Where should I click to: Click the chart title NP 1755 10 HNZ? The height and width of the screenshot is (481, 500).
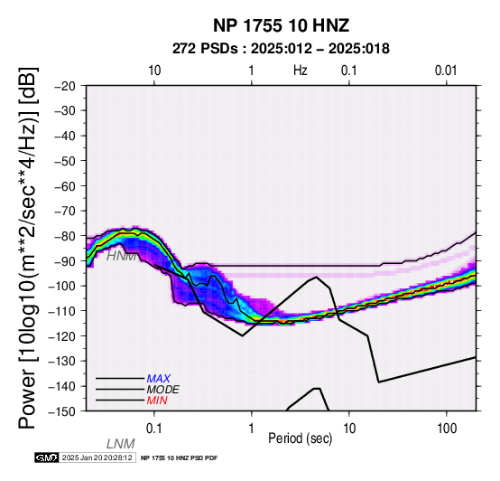point(281,25)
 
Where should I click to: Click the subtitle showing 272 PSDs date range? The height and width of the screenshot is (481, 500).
point(281,49)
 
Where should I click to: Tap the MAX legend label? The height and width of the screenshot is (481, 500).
point(159,379)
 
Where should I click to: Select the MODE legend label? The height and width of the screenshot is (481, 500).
point(163,390)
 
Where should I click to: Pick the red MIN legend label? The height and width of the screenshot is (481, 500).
point(157,401)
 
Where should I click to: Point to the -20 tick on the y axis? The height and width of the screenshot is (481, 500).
point(65,86)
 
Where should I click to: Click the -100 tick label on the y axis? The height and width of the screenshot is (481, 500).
point(61,286)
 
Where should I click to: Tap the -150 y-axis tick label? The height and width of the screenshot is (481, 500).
point(61,411)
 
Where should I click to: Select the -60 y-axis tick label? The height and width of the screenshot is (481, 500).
point(65,186)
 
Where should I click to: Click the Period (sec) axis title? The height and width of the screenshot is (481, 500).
point(300,439)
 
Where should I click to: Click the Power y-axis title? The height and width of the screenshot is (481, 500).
point(28,248)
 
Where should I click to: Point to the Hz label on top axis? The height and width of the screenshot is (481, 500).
point(301,70)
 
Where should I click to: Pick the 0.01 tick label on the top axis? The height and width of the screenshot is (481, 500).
point(446,71)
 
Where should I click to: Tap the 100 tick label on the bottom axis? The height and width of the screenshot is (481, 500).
point(447,429)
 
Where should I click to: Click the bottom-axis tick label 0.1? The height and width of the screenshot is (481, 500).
point(153,429)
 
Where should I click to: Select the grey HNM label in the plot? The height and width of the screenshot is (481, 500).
point(121,256)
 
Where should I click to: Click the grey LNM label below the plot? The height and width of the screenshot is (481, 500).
point(121,444)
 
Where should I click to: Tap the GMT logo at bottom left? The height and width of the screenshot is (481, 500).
point(46,457)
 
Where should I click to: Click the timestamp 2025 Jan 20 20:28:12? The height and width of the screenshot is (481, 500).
point(97,457)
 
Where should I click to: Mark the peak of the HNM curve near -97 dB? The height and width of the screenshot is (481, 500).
point(316,277)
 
